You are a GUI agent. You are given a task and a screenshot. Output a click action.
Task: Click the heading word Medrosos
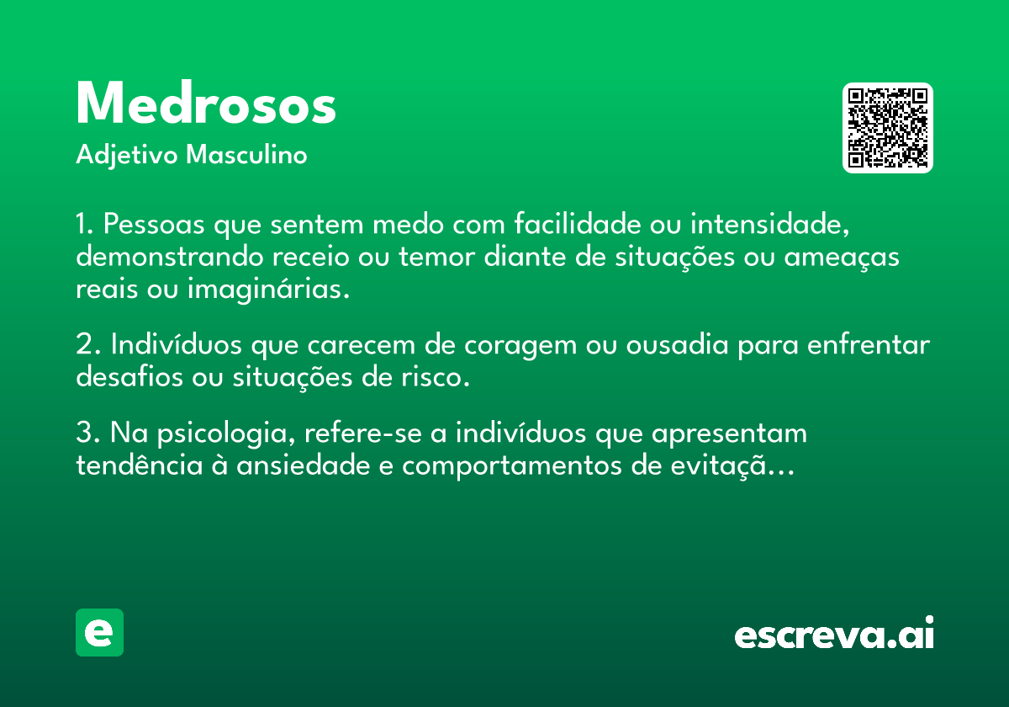point(206,103)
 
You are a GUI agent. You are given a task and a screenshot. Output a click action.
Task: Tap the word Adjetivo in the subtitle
point(127,156)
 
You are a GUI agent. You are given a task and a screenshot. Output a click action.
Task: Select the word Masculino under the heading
point(246,154)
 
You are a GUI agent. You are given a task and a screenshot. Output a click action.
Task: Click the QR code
point(887,128)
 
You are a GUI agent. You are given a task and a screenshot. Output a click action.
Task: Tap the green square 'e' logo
point(99,632)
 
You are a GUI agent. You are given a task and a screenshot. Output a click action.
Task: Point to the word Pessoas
point(154,224)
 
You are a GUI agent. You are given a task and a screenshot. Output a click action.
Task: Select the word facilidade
point(578,223)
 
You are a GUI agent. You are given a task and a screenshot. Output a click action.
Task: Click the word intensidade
point(770,224)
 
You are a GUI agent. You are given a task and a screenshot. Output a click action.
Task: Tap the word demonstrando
point(170,256)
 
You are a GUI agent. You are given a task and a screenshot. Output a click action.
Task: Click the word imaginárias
point(268,289)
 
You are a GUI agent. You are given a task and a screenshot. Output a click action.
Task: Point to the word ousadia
point(677,344)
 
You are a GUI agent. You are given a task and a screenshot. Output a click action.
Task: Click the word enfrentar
point(869,344)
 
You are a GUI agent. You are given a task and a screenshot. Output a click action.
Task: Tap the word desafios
point(129,376)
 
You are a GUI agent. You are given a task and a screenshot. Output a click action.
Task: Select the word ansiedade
point(304,465)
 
